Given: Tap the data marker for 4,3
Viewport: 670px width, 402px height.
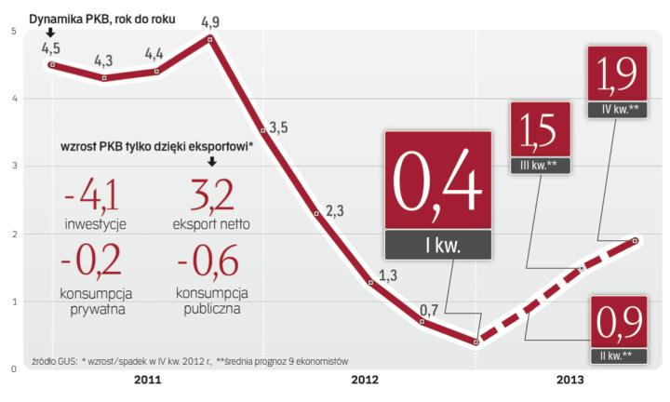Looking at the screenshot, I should pyautogui.click(x=104, y=77).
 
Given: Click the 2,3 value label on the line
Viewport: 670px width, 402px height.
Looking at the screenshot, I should pyautogui.click(x=334, y=211).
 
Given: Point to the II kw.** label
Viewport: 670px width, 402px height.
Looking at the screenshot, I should pyautogui.click(x=616, y=355).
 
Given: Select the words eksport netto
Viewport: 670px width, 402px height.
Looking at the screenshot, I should pyautogui.click(x=211, y=224).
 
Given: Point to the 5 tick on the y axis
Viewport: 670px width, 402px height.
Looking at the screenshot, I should pyautogui.click(x=12, y=32).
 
